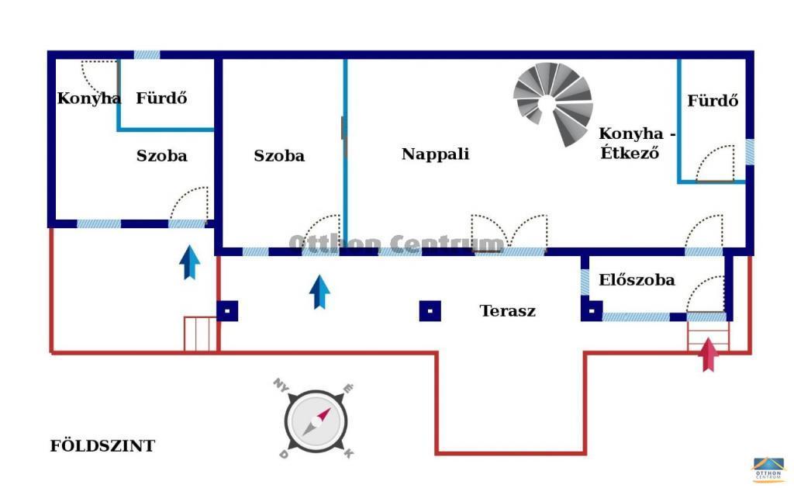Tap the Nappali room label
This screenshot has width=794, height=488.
point(436,154)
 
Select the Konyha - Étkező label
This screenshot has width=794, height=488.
point(637,143)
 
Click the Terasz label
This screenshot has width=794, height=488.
point(507,310)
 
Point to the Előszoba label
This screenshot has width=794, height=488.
point(637,280)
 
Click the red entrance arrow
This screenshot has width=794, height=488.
point(708,355)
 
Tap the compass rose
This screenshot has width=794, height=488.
point(316,421)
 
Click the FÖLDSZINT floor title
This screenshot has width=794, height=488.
point(102,446)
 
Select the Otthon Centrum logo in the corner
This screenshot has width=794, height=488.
point(768,469)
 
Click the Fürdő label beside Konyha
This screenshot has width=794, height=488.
point(161,98)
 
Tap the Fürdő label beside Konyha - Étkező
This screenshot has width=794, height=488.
point(713,100)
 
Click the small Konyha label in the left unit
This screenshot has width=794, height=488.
point(88,98)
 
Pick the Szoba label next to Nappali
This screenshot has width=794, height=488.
point(279,156)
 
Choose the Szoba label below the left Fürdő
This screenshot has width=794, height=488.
point(161,156)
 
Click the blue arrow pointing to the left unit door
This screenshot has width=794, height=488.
point(189,262)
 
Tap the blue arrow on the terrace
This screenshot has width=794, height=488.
point(319,292)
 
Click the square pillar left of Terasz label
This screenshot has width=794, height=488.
point(430,311)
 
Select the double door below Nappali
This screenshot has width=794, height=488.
point(509,233)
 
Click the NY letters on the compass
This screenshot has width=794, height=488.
point(281,385)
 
